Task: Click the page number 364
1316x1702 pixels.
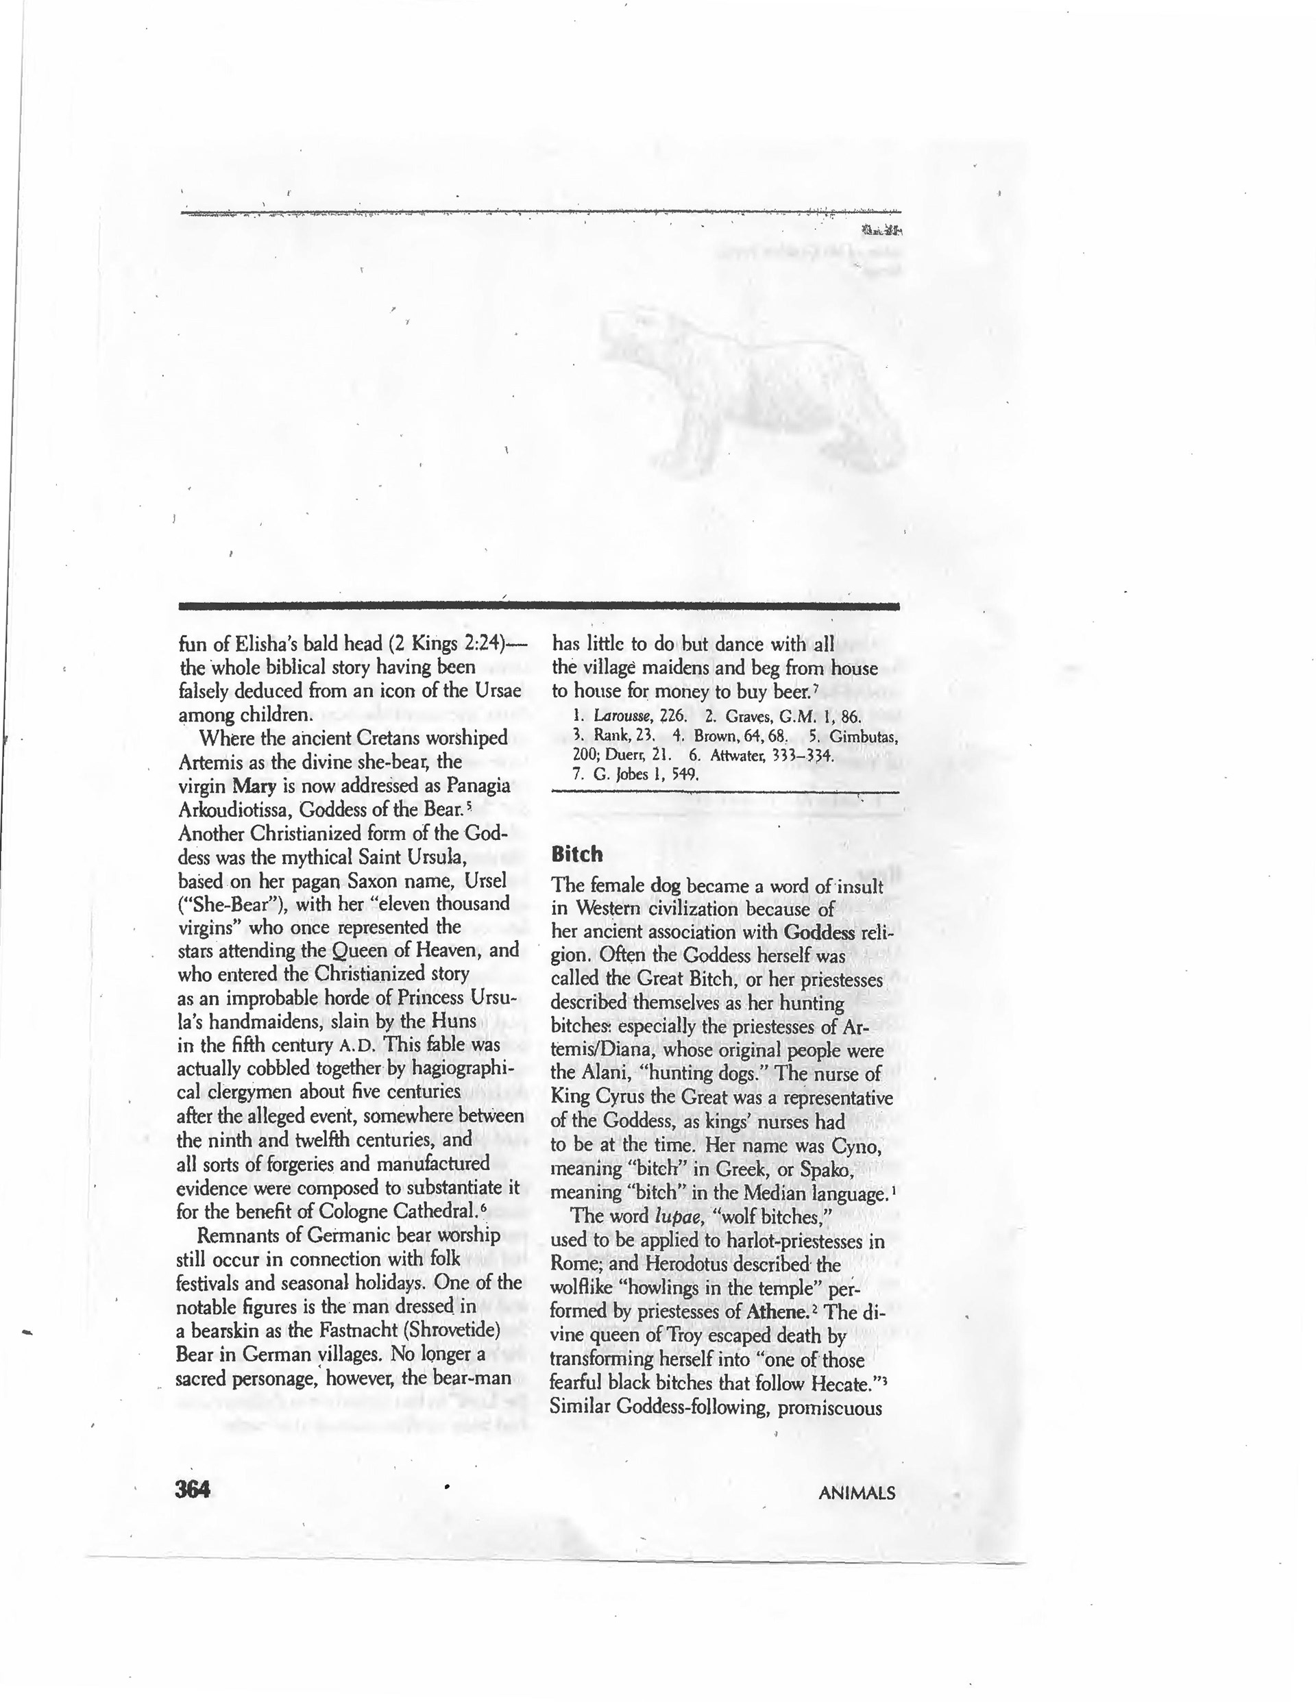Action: [193, 1490]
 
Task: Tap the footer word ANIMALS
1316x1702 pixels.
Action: [856, 1493]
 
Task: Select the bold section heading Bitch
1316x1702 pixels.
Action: [577, 854]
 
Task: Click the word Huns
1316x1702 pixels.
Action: [449, 1021]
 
